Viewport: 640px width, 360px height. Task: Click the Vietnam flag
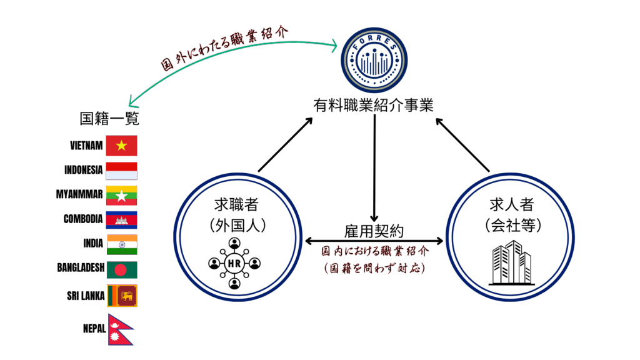pos(121,146)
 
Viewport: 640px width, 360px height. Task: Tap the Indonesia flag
pos(121,171)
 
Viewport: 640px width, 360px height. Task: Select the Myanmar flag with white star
pos(121,196)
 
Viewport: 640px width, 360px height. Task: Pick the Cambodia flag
pos(121,220)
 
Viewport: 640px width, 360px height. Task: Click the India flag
pos(121,244)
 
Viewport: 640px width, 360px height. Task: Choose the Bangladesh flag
pos(121,270)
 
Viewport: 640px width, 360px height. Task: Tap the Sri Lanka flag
pos(122,296)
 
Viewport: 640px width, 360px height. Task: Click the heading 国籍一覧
pos(109,119)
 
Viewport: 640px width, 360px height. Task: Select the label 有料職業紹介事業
pos(373,105)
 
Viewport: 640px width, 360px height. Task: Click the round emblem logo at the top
pos(373,60)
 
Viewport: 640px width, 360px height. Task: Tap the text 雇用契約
pos(374,231)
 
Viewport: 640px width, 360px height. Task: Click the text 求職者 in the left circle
pos(236,204)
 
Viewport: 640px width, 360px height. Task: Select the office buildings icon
pos(511,262)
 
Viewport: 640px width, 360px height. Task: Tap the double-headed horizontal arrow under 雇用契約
pos(374,241)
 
